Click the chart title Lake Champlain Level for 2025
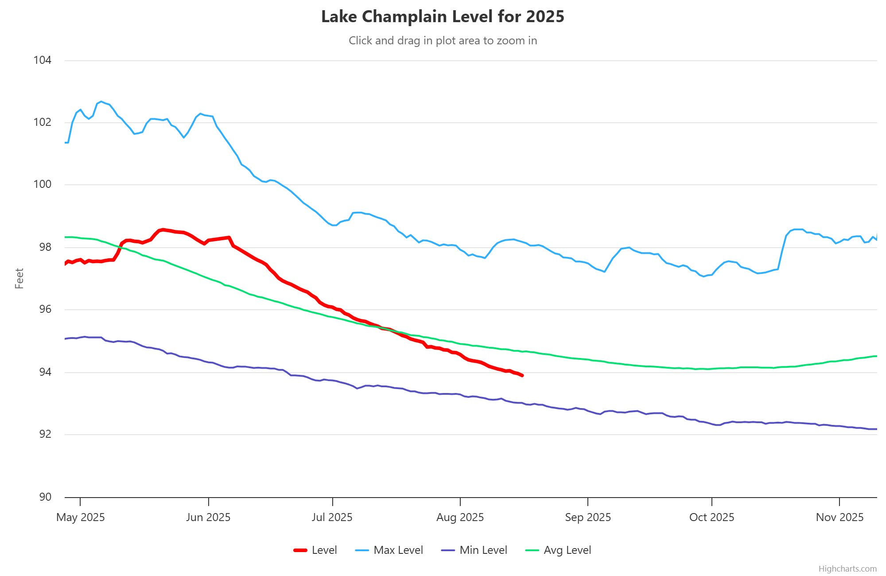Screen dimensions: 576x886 coord(443,17)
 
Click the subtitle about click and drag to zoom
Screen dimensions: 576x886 coord(443,41)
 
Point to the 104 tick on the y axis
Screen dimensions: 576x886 coord(43,60)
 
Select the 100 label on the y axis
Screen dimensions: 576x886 coord(43,184)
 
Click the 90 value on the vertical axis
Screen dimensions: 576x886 coord(45,497)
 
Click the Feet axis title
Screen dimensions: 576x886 coord(19,278)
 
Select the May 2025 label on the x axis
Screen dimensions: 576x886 coord(81,518)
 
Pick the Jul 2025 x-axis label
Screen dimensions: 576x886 coord(332,518)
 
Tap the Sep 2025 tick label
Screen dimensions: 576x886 coord(588,518)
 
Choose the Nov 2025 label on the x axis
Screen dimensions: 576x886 coord(839,518)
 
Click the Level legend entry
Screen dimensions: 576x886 coord(315,550)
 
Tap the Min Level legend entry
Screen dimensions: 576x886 coord(474,550)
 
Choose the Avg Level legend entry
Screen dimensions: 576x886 coord(558,550)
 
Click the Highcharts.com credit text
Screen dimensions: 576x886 coord(847,569)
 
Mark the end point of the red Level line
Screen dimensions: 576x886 coord(522,376)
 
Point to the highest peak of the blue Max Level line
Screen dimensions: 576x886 coord(101,101)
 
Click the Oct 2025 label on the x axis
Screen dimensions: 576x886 coord(711,518)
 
